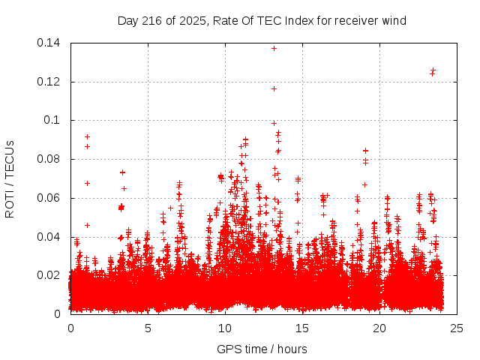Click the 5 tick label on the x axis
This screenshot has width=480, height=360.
click(x=148, y=328)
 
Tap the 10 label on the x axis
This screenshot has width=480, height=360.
click(x=225, y=328)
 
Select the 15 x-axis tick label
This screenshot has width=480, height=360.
click(x=302, y=328)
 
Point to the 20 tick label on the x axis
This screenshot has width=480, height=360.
click(x=379, y=328)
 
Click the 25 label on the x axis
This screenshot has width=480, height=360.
click(x=457, y=328)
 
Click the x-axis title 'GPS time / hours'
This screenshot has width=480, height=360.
click(x=262, y=349)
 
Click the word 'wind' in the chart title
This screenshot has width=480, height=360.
click(x=394, y=21)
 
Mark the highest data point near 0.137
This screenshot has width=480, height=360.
click(x=274, y=48)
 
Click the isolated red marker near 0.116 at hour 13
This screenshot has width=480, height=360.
click(x=274, y=88)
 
